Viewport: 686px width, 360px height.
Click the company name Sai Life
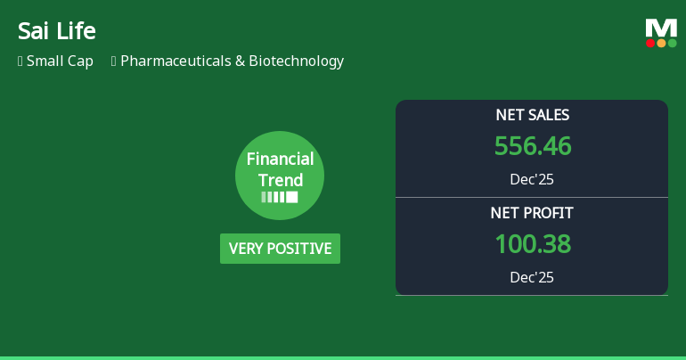point(56,30)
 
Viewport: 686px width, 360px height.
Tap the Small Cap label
point(60,61)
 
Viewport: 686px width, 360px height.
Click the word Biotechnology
point(296,61)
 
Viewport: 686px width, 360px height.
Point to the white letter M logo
point(661,28)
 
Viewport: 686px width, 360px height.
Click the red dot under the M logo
point(650,43)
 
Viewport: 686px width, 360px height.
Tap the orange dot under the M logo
point(661,43)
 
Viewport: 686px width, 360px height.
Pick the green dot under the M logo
point(672,43)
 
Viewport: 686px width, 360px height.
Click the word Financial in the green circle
point(280,160)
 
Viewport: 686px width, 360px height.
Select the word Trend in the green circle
point(280,179)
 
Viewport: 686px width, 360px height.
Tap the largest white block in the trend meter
point(291,197)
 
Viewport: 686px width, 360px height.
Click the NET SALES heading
point(532,115)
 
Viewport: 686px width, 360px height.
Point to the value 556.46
point(532,146)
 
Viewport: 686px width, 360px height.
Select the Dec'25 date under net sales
point(532,179)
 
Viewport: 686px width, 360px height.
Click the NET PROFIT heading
point(532,213)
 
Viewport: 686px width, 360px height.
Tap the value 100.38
point(532,244)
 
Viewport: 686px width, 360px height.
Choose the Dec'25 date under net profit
point(532,277)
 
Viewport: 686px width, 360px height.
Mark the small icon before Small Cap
point(20,61)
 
